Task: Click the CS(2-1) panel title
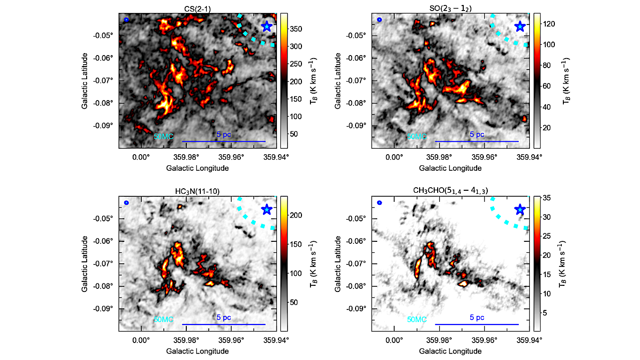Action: pos(197,8)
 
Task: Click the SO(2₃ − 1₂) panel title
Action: pos(450,8)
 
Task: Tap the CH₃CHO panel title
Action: pos(450,190)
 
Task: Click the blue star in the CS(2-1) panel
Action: pos(267,27)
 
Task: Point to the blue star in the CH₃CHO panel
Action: pos(520,209)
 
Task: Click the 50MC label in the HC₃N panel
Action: pos(164,319)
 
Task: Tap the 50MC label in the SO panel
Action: pos(417,136)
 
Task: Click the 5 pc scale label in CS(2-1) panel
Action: pos(224,135)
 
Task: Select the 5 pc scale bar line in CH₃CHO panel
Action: pos(477,324)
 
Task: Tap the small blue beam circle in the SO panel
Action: pos(379,20)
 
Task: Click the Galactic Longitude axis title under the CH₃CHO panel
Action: pos(450,351)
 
